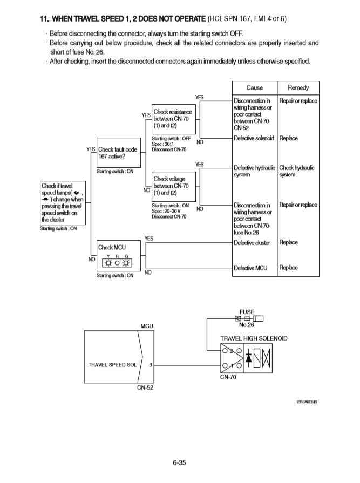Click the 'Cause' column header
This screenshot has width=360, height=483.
pyautogui.click(x=254, y=88)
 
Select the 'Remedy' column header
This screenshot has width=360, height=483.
pyautogui.click(x=298, y=88)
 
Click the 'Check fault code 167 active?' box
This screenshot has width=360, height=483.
pyautogui.click(x=118, y=153)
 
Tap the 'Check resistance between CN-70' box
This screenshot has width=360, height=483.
pyautogui.click(x=172, y=119)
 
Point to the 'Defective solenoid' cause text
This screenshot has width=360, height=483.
pyautogui.click(x=254, y=139)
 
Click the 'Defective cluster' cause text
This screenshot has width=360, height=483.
pyautogui.click(x=252, y=242)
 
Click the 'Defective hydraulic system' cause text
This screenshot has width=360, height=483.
pyautogui.click(x=254, y=171)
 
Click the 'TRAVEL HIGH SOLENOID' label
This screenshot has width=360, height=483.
pyautogui.click(x=254, y=338)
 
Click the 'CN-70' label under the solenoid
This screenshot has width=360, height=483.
pyautogui.click(x=229, y=377)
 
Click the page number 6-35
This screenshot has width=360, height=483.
pyautogui.click(x=180, y=462)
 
